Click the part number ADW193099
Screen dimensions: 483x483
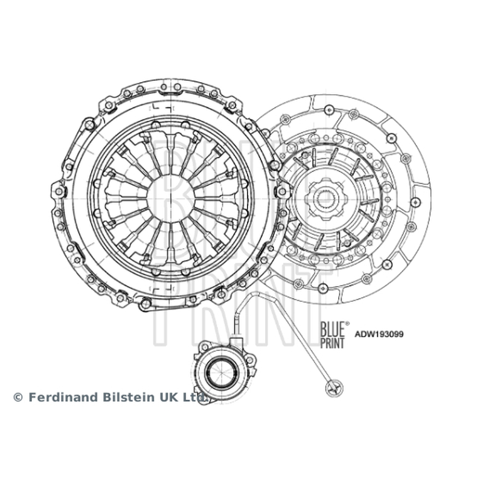(379, 334)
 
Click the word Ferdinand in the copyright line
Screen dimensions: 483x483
(64, 397)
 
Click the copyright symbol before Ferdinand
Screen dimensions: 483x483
(18, 397)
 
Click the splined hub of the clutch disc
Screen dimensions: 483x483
(325, 199)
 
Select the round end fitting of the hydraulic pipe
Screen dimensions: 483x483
(334, 387)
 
